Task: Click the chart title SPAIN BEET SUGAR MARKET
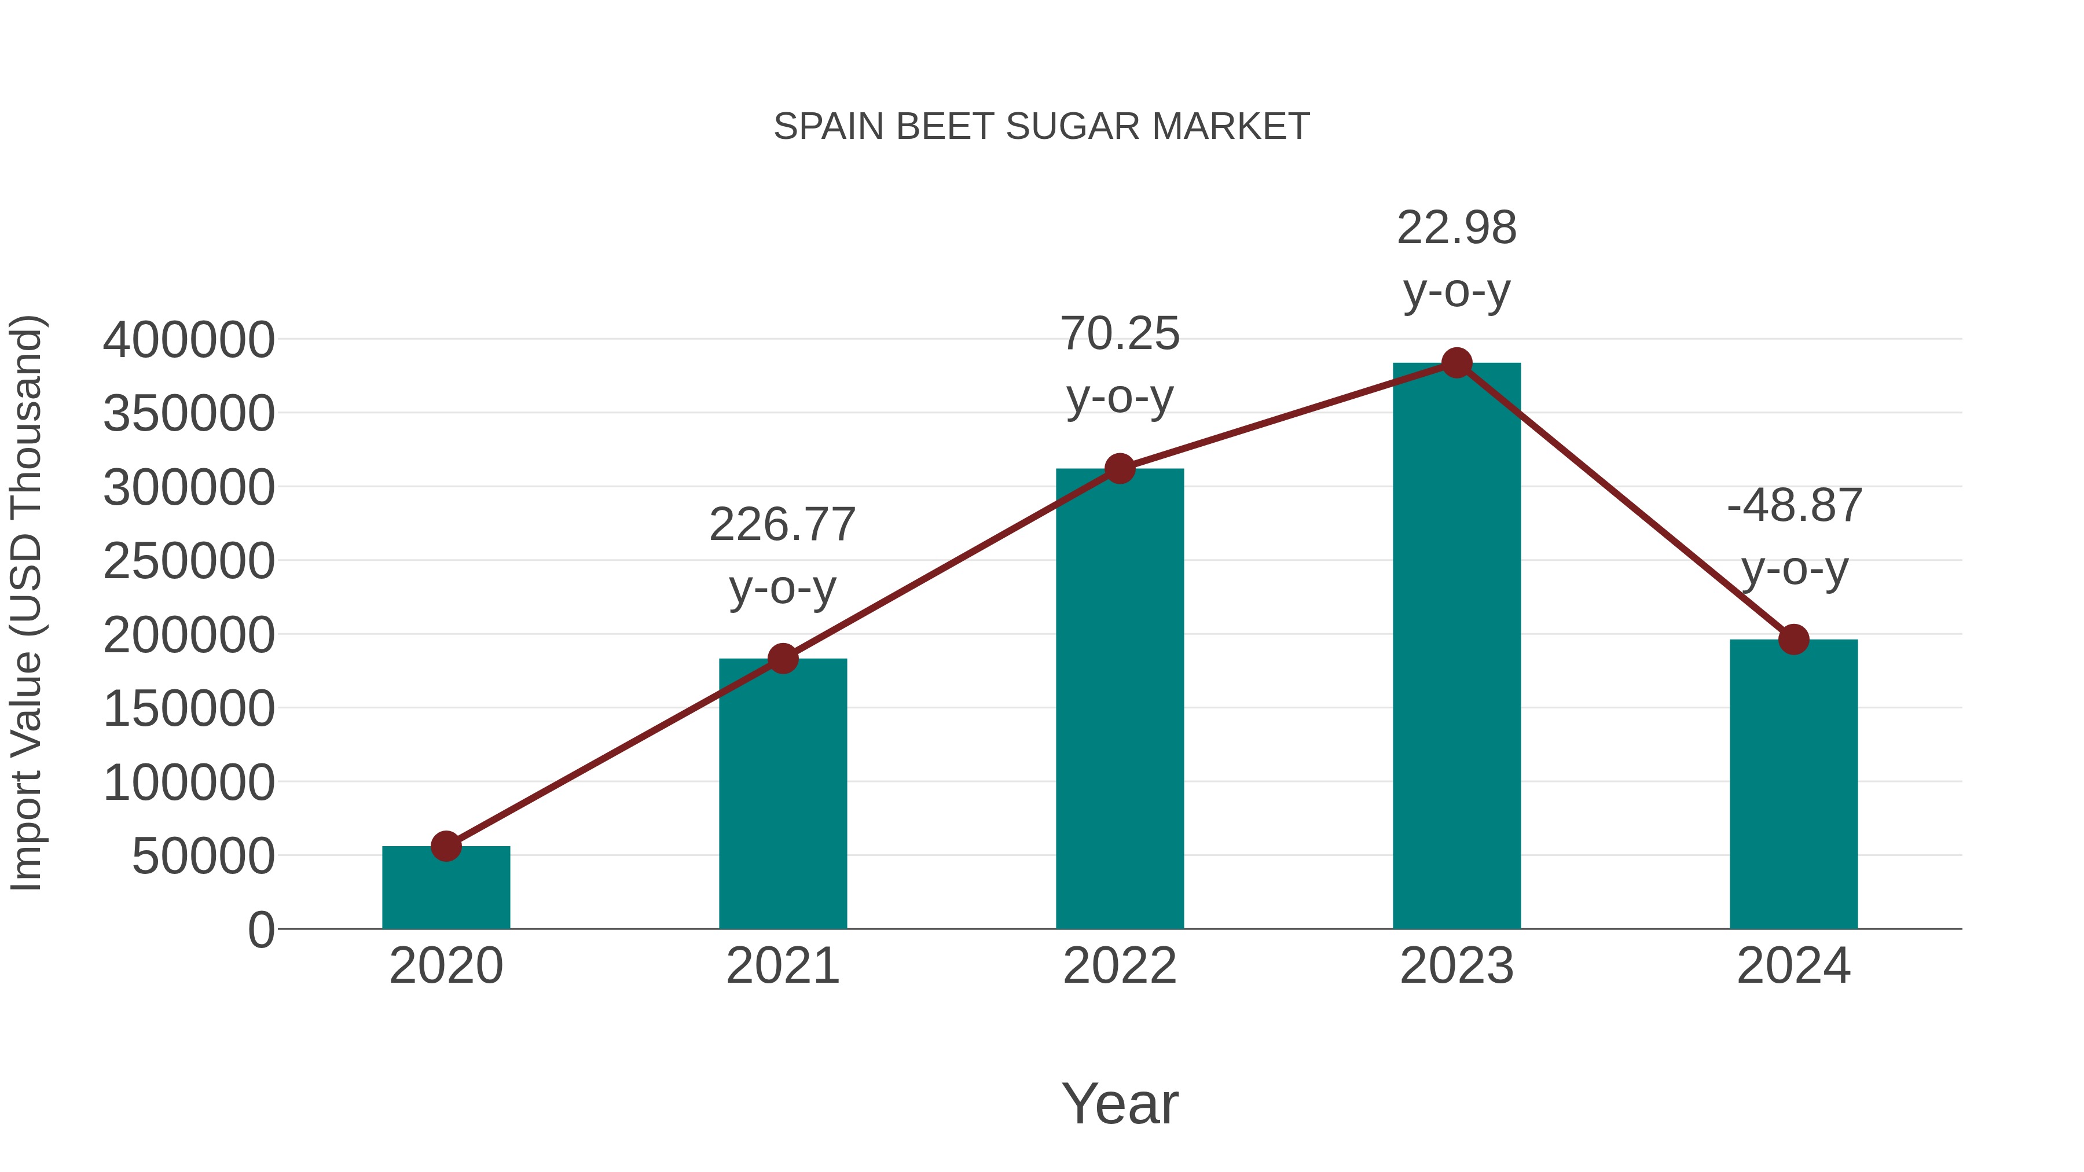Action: (1041, 127)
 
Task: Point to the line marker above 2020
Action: (446, 846)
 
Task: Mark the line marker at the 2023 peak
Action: (1456, 363)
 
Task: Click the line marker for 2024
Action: (1793, 640)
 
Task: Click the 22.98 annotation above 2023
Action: (1456, 259)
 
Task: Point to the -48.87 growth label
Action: (1793, 537)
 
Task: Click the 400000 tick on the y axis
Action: (189, 340)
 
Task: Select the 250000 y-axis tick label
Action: (189, 561)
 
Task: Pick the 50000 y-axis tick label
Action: (203, 857)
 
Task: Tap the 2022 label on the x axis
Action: (1120, 966)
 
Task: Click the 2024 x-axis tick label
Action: (1793, 966)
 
